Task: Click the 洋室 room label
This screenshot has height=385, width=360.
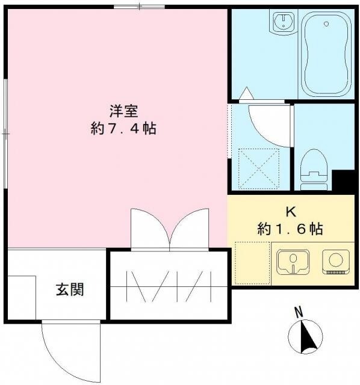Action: pyautogui.click(x=125, y=111)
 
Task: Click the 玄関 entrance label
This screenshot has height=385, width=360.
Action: pyautogui.click(x=70, y=290)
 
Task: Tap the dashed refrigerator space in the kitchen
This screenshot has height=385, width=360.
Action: pyautogui.click(x=251, y=262)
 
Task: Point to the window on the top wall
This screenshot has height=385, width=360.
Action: pyautogui.click(x=139, y=7)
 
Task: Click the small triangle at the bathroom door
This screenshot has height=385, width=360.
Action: pyautogui.click(x=246, y=93)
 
